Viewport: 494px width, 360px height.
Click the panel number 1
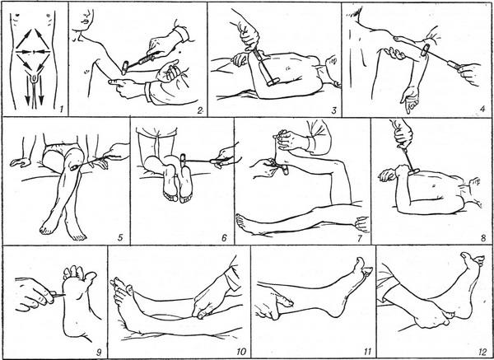pyautogui.click(x=62, y=110)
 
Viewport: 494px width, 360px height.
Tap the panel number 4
pyautogui.click(x=482, y=110)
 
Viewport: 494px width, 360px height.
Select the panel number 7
pyautogui.click(x=360, y=238)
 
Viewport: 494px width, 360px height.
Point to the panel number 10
pyautogui.click(x=241, y=352)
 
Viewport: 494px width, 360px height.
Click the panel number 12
pyautogui.click(x=482, y=352)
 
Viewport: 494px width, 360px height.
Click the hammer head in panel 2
pyautogui.click(x=125, y=68)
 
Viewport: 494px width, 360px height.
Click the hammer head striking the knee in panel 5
pyautogui.click(x=75, y=167)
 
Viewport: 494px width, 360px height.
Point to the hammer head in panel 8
pyautogui.click(x=413, y=171)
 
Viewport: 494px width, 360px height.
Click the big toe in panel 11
pyautogui.click(x=361, y=265)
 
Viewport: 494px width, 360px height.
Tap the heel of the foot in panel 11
pyautogui.click(x=334, y=311)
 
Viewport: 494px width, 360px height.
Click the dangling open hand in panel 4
pyautogui.click(x=409, y=98)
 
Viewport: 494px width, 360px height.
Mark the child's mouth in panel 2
pyautogui.click(x=86, y=21)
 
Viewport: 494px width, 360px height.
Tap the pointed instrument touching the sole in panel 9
pyautogui.click(x=58, y=295)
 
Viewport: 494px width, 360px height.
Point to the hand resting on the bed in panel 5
pyautogui.click(x=20, y=161)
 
